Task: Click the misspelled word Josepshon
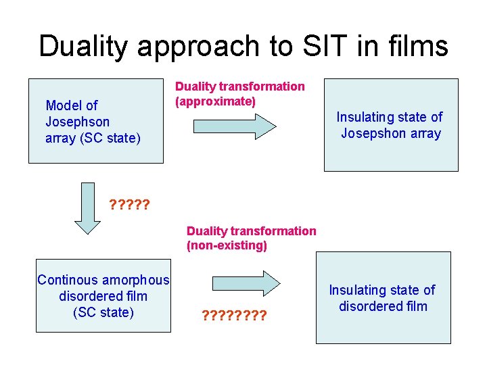[373, 133]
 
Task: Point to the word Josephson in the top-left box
[77, 122]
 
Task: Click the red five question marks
[129, 204]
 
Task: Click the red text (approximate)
[215, 101]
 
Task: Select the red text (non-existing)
[227, 245]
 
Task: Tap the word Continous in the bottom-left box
[68, 280]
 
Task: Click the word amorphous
[137, 280]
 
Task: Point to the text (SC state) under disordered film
[103, 312]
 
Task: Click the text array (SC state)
[93, 139]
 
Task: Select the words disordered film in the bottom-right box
[383, 306]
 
